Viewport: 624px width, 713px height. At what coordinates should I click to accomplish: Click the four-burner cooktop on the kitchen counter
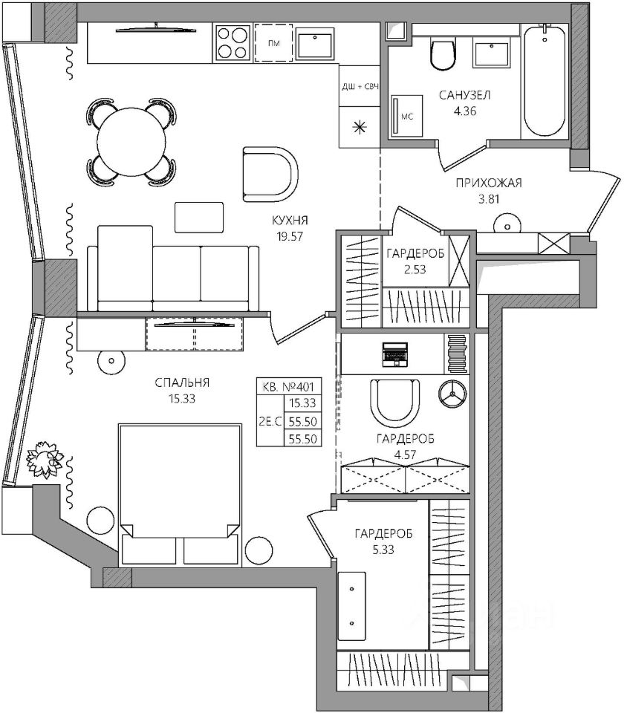233,43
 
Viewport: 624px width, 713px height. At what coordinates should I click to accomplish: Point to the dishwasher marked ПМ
273,43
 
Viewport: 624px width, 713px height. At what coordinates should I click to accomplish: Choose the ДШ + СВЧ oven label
360,86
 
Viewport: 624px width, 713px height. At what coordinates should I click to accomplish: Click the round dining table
131,142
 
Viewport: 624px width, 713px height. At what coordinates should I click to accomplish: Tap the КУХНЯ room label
290,221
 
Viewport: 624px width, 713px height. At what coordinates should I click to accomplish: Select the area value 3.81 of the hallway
489,199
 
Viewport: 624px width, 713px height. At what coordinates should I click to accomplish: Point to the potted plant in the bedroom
44,459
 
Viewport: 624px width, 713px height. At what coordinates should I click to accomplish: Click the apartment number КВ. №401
289,387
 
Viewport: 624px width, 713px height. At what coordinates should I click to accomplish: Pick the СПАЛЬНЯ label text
182,383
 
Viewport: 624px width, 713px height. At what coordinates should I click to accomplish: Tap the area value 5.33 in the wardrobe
383,550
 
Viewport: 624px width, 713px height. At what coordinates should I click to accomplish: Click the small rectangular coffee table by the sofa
199,218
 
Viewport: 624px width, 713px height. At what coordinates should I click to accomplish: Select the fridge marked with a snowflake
360,127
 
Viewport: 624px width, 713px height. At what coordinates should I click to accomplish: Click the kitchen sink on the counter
315,43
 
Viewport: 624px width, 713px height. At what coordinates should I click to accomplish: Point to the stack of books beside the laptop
457,354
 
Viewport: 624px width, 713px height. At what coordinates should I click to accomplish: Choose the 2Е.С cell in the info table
270,421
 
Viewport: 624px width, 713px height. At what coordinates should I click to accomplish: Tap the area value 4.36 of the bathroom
465,111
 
